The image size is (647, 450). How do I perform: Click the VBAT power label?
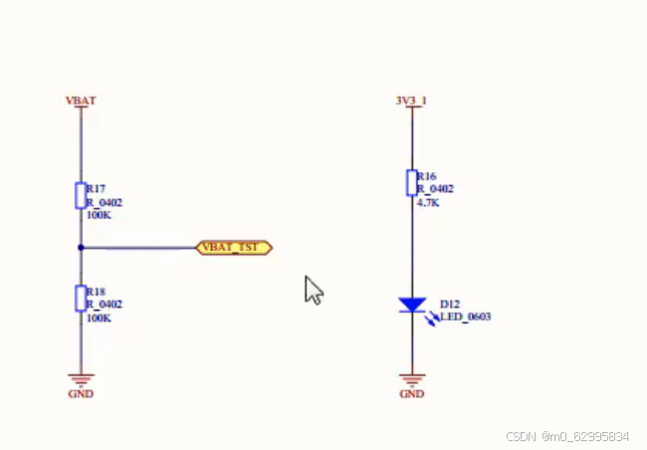(81, 101)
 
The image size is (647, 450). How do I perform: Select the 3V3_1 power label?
(411, 101)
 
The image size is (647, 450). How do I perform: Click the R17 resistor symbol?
(81, 195)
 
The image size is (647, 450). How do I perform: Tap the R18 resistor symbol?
(81, 298)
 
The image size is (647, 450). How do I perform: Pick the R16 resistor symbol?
(411, 183)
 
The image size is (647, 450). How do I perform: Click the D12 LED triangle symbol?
(411, 305)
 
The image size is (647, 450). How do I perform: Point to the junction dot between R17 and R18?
(81, 247)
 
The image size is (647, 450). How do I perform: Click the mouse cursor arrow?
(314, 290)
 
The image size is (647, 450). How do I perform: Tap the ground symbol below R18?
(81, 378)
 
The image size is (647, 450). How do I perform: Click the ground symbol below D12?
(411, 378)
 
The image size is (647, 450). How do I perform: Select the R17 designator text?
(97, 188)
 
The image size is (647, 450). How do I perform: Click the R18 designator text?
(97, 293)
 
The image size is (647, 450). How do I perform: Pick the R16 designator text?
(427, 176)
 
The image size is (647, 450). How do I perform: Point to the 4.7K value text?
(428, 202)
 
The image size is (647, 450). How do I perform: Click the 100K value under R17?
(99, 214)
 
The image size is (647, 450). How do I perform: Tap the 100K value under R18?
(99, 318)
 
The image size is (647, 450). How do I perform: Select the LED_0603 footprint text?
(465, 317)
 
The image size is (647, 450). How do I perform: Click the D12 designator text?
(450, 303)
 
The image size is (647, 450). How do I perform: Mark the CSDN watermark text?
(566, 436)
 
